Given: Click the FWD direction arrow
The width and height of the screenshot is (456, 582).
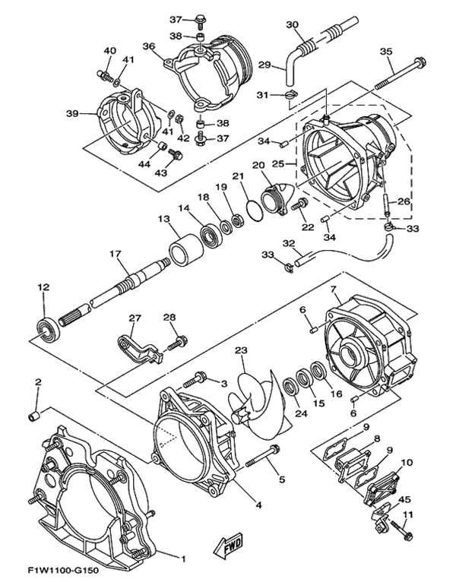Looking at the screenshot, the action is [x=228, y=546].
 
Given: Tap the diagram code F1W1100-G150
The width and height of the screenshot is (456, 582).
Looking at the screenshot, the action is [x=63, y=570].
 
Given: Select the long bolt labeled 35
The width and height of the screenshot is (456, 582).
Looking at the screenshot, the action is [x=401, y=74].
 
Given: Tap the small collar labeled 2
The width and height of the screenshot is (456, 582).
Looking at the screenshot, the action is [x=34, y=416].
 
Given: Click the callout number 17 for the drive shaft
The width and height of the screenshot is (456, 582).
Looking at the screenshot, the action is [x=116, y=255].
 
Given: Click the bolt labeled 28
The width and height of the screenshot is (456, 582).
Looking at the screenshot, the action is [x=177, y=343].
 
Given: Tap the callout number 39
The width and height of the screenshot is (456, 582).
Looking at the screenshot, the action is [x=72, y=113].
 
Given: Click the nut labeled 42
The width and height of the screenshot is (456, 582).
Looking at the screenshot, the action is [x=178, y=119].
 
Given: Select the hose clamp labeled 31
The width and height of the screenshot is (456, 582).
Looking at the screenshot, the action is [x=291, y=96].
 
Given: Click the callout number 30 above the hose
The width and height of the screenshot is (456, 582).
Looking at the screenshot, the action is [x=293, y=25].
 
